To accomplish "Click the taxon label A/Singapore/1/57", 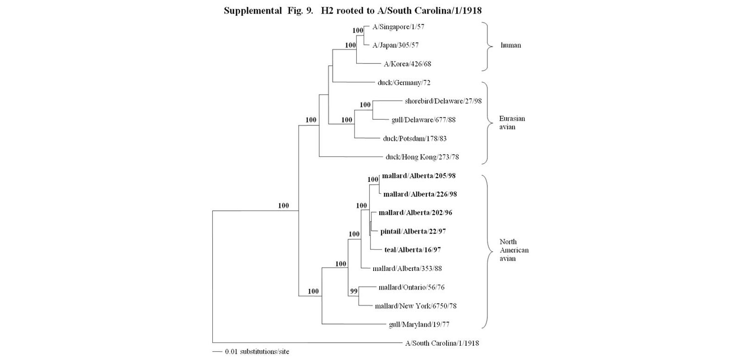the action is pos(398,27).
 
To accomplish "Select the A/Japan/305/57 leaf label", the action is pos(396,45).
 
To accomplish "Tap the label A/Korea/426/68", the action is pos(408,64).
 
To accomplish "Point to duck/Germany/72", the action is pos(404,83).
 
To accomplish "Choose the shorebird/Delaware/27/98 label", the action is pos(443,101).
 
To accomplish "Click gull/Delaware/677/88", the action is pos(423,120).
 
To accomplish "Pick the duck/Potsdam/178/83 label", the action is pos(415,138).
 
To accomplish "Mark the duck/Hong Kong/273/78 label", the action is pos(422,157).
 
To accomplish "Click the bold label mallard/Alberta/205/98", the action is pos(419,176).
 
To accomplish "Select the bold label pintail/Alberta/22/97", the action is pos(413,231).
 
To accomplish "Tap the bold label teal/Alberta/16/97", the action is pos(413,250).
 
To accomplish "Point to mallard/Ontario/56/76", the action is pos(411,288).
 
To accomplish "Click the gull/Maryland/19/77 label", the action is pos(419,325).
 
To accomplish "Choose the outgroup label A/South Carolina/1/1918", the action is pos(442,343).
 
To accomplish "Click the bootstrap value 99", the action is pos(354,291).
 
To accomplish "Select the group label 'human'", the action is pos(511,45).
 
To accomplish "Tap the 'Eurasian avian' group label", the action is pos(512,122).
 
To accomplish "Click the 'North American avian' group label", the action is pos(514,250).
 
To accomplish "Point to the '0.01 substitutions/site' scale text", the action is pos(257,351).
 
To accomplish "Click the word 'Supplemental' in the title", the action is pos(253,11).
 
